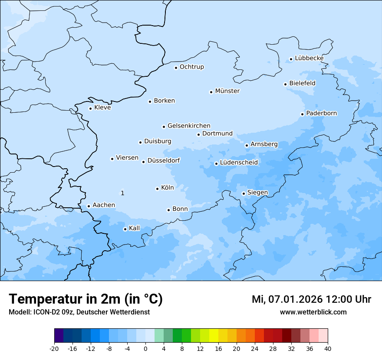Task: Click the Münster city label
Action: pyautogui.click(x=227, y=91)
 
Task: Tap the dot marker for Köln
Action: pyautogui.click(x=157, y=189)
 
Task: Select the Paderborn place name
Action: pyautogui.click(x=321, y=113)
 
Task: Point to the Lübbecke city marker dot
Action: pyautogui.click(x=291, y=59)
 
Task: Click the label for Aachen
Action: pyautogui.click(x=104, y=205)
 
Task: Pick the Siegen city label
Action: pyautogui.click(x=257, y=193)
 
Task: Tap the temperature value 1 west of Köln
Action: pyautogui.click(x=122, y=193)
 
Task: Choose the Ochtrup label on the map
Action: pyautogui.click(x=191, y=67)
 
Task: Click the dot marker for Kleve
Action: pyautogui.click(x=90, y=108)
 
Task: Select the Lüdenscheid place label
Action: pyautogui.click(x=239, y=163)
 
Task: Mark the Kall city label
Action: pyautogui.click(x=134, y=228)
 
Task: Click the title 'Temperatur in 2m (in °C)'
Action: pyautogui.click(x=86, y=299)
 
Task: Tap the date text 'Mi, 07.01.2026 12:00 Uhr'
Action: pyautogui.click(x=311, y=299)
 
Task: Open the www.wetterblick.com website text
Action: pyautogui.click(x=313, y=312)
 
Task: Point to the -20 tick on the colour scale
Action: pyautogui.click(x=54, y=348)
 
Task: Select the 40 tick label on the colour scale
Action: pyautogui.click(x=327, y=348)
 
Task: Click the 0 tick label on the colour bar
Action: pyautogui.click(x=145, y=348)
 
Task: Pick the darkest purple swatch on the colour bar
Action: pyautogui.click(x=59, y=336)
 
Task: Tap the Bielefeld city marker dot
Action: pyautogui.click(x=285, y=84)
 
